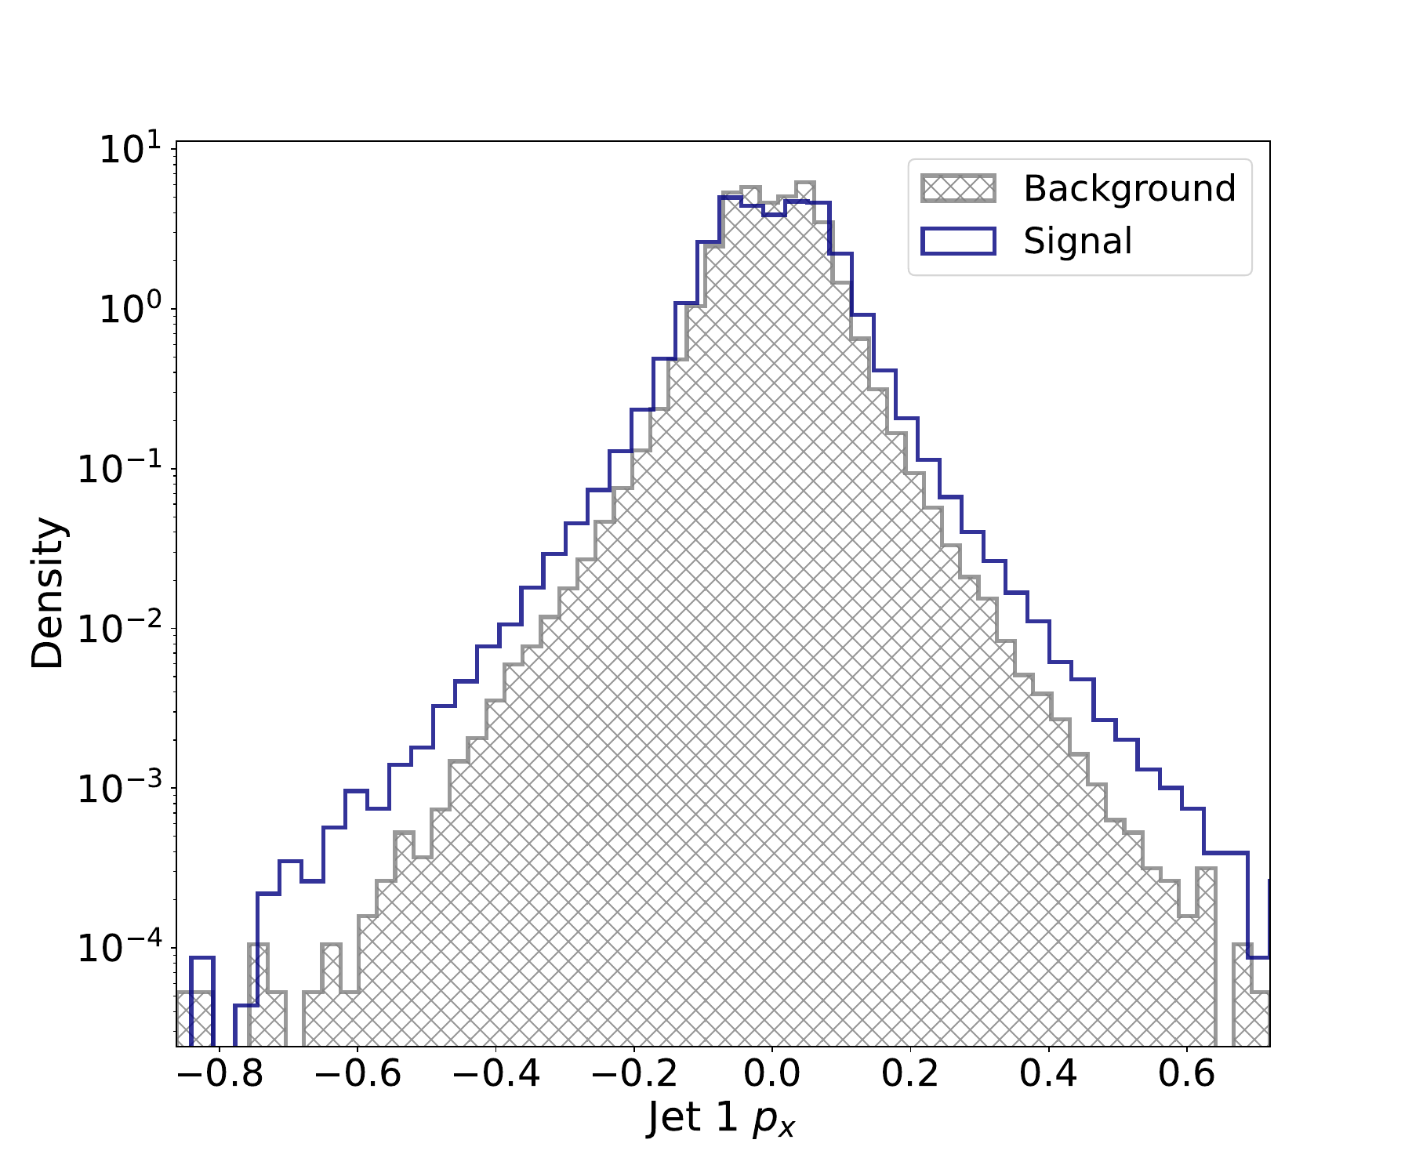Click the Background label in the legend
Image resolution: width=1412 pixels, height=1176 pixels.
click(x=1129, y=189)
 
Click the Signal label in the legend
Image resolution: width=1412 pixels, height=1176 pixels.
click(x=1077, y=241)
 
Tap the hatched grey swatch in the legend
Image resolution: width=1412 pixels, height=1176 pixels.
click(x=958, y=189)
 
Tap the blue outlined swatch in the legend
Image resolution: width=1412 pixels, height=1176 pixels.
click(x=958, y=241)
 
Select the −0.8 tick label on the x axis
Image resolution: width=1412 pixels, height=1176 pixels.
click(x=220, y=1073)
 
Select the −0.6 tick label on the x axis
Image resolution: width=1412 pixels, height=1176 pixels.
click(x=358, y=1073)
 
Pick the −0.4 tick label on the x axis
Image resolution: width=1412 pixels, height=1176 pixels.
click(x=495, y=1073)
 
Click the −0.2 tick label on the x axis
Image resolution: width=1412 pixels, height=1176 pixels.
click(x=633, y=1073)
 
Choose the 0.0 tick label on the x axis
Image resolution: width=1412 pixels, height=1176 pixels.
click(x=772, y=1073)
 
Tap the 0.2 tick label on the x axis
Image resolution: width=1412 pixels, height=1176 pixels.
click(x=910, y=1073)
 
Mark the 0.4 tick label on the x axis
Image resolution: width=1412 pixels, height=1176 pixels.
click(x=1049, y=1073)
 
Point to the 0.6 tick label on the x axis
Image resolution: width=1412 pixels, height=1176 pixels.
click(x=1187, y=1073)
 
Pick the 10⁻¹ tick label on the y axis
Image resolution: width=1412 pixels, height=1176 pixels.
click(x=118, y=469)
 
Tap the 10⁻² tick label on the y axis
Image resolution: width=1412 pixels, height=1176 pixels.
click(x=118, y=629)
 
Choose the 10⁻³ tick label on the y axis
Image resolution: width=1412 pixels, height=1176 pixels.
click(x=118, y=788)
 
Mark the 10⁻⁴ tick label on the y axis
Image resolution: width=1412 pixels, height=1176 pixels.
click(x=118, y=948)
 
